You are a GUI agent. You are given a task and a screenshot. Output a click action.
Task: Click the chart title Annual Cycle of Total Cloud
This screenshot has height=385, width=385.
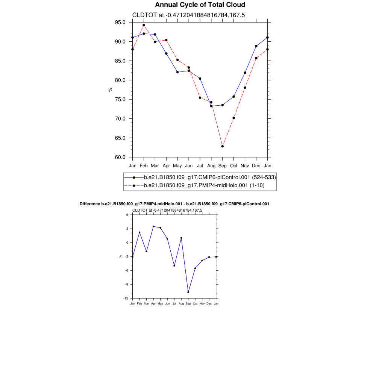200,5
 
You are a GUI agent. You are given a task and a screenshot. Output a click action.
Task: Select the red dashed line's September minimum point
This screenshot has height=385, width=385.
223,146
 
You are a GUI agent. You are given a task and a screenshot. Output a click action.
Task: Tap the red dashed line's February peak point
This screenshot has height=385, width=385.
144,25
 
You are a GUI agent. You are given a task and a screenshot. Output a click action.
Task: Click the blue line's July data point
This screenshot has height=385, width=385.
200,79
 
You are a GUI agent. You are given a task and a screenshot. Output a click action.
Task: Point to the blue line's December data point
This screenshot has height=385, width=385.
256,46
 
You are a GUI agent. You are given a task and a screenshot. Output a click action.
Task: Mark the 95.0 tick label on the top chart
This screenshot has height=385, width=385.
121,22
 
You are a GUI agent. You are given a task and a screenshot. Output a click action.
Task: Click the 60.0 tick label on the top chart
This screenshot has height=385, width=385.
121,157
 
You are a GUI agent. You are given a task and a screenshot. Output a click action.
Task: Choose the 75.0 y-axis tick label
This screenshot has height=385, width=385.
121,100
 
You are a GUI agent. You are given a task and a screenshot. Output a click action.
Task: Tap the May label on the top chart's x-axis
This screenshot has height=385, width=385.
177,165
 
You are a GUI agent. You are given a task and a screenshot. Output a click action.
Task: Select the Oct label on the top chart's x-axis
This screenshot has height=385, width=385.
234,165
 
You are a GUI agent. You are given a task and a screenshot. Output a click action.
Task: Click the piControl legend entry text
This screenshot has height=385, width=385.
210,177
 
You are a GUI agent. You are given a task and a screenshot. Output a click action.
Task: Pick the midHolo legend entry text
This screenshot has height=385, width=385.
205,185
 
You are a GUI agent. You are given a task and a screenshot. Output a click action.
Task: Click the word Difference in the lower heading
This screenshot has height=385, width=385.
90,204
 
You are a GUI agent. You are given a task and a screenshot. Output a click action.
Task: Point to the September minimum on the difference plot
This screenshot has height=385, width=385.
188,292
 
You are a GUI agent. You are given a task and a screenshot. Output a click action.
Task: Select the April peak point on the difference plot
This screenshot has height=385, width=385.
153,226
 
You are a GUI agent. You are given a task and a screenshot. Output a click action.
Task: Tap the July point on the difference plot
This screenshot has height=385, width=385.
174,265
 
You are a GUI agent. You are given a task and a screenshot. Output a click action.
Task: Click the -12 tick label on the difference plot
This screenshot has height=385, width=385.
127,298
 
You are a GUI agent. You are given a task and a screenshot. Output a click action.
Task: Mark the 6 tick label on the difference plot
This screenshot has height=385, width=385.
127,215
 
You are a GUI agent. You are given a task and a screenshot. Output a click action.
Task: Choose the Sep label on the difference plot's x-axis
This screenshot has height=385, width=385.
188,303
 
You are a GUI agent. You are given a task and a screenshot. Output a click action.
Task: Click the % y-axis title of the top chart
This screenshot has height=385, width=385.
110,89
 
